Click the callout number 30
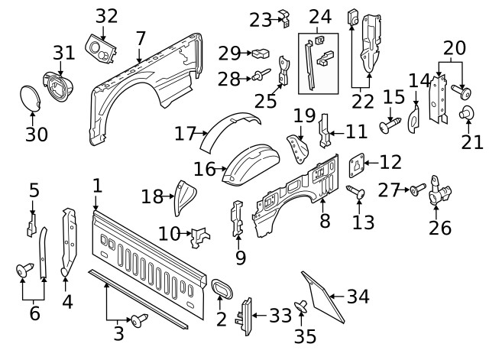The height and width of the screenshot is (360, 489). coord(36,135)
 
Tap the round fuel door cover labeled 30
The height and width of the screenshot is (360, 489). coord(31,99)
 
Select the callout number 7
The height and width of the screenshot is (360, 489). coord(140,37)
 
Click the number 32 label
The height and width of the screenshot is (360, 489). coord(107,15)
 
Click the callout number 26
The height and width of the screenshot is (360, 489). coord(440,227)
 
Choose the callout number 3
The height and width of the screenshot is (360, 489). coord(118,332)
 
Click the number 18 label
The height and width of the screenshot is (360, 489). coord(152,197)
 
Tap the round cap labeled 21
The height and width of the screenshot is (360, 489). coord(464,115)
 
